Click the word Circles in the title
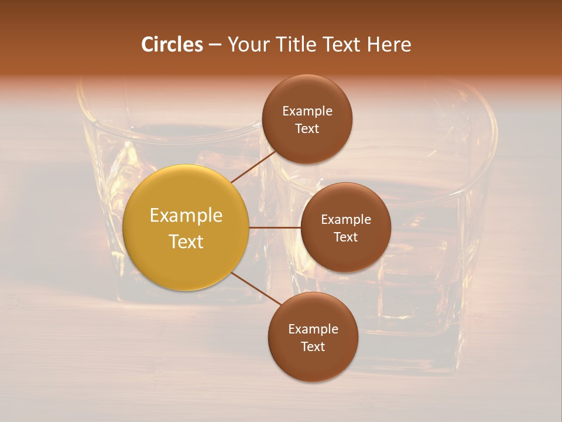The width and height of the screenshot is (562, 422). pyautogui.click(x=172, y=45)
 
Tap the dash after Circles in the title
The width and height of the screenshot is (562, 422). pyautogui.click(x=215, y=45)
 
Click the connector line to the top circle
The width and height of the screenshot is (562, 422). pyautogui.click(x=253, y=166)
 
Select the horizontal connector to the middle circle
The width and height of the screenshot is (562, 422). pyautogui.click(x=275, y=227)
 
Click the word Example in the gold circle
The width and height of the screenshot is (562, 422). pyautogui.click(x=186, y=216)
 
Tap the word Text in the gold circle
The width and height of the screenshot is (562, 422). pyautogui.click(x=186, y=241)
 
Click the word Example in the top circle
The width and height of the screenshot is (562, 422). pyautogui.click(x=307, y=111)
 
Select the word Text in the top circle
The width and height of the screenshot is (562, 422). pyautogui.click(x=307, y=129)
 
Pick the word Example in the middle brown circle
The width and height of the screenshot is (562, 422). pyautogui.click(x=346, y=220)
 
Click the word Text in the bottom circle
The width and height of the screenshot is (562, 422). pyautogui.click(x=313, y=347)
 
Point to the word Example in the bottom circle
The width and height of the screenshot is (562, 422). pyautogui.click(x=313, y=329)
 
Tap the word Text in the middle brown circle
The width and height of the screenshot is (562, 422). pyautogui.click(x=346, y=237)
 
